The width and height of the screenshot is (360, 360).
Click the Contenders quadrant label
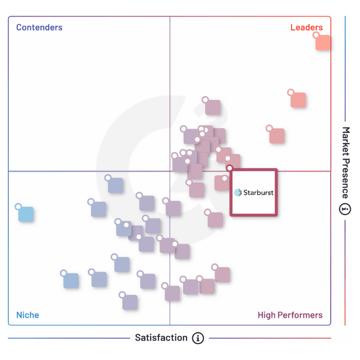coord(39,27)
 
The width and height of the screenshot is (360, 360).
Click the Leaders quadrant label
coord(307,27)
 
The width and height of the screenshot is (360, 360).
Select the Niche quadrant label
coord(27,315)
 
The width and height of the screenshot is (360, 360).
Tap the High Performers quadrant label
coord(290,315)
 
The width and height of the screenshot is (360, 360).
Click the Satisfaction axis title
coord(161,338)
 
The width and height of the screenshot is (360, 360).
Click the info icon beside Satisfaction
coord(198,338)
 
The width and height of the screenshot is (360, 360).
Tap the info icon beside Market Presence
coord(345,209)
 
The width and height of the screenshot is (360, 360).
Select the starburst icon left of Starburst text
coord(238,193)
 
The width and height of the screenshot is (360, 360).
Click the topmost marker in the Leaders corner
coord(323,42)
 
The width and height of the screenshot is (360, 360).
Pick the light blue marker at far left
coord(26,214)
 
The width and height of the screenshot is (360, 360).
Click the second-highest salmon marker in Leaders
coord(298,100)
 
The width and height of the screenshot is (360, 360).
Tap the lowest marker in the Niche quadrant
coord(130,302)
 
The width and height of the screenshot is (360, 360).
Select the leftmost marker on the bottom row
coord(71,280)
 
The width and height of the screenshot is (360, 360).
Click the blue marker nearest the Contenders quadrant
coord(115,185)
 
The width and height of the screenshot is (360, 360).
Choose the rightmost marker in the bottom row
coord(222,274)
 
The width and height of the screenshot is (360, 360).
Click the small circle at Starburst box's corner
coord(229,168)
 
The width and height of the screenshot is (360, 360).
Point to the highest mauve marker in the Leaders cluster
coord(212,107)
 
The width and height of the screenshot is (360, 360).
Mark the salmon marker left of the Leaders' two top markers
coord(277,136)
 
